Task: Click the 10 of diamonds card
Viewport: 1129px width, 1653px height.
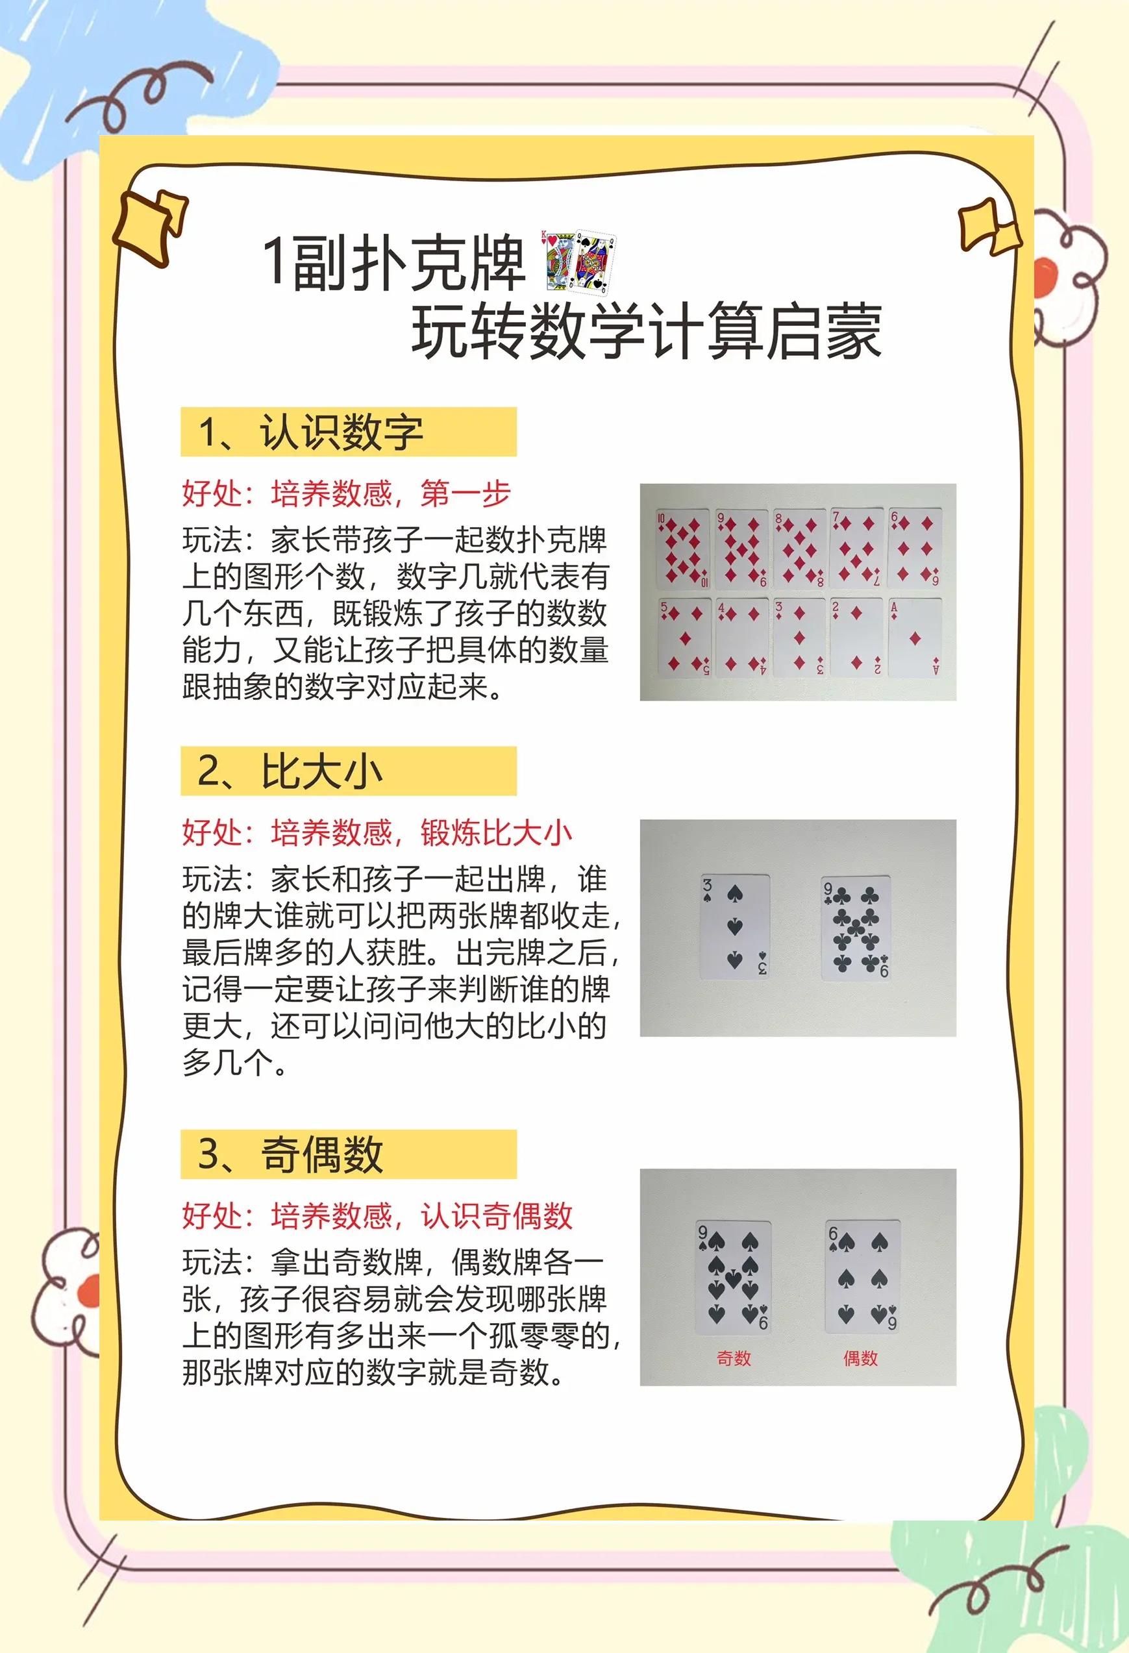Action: (x=683, y=548)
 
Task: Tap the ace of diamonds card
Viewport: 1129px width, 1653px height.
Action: (x=915, y=638)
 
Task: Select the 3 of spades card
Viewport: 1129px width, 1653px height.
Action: (x=735, y=926)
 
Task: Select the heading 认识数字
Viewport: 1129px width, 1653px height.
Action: (x=341, y=432)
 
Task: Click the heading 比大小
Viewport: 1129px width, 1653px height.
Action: (x=321, y=772)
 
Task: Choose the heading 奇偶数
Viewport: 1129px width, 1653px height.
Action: (x=321, y=1154)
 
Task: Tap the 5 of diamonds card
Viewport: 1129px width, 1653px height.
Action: (x=684, y=638)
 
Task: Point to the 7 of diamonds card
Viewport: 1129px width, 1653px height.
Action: (x=856, y=548)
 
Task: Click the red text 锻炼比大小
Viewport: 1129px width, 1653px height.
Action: (x=496, y=833)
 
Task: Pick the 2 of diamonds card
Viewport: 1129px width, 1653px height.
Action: (x=856, y=638)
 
